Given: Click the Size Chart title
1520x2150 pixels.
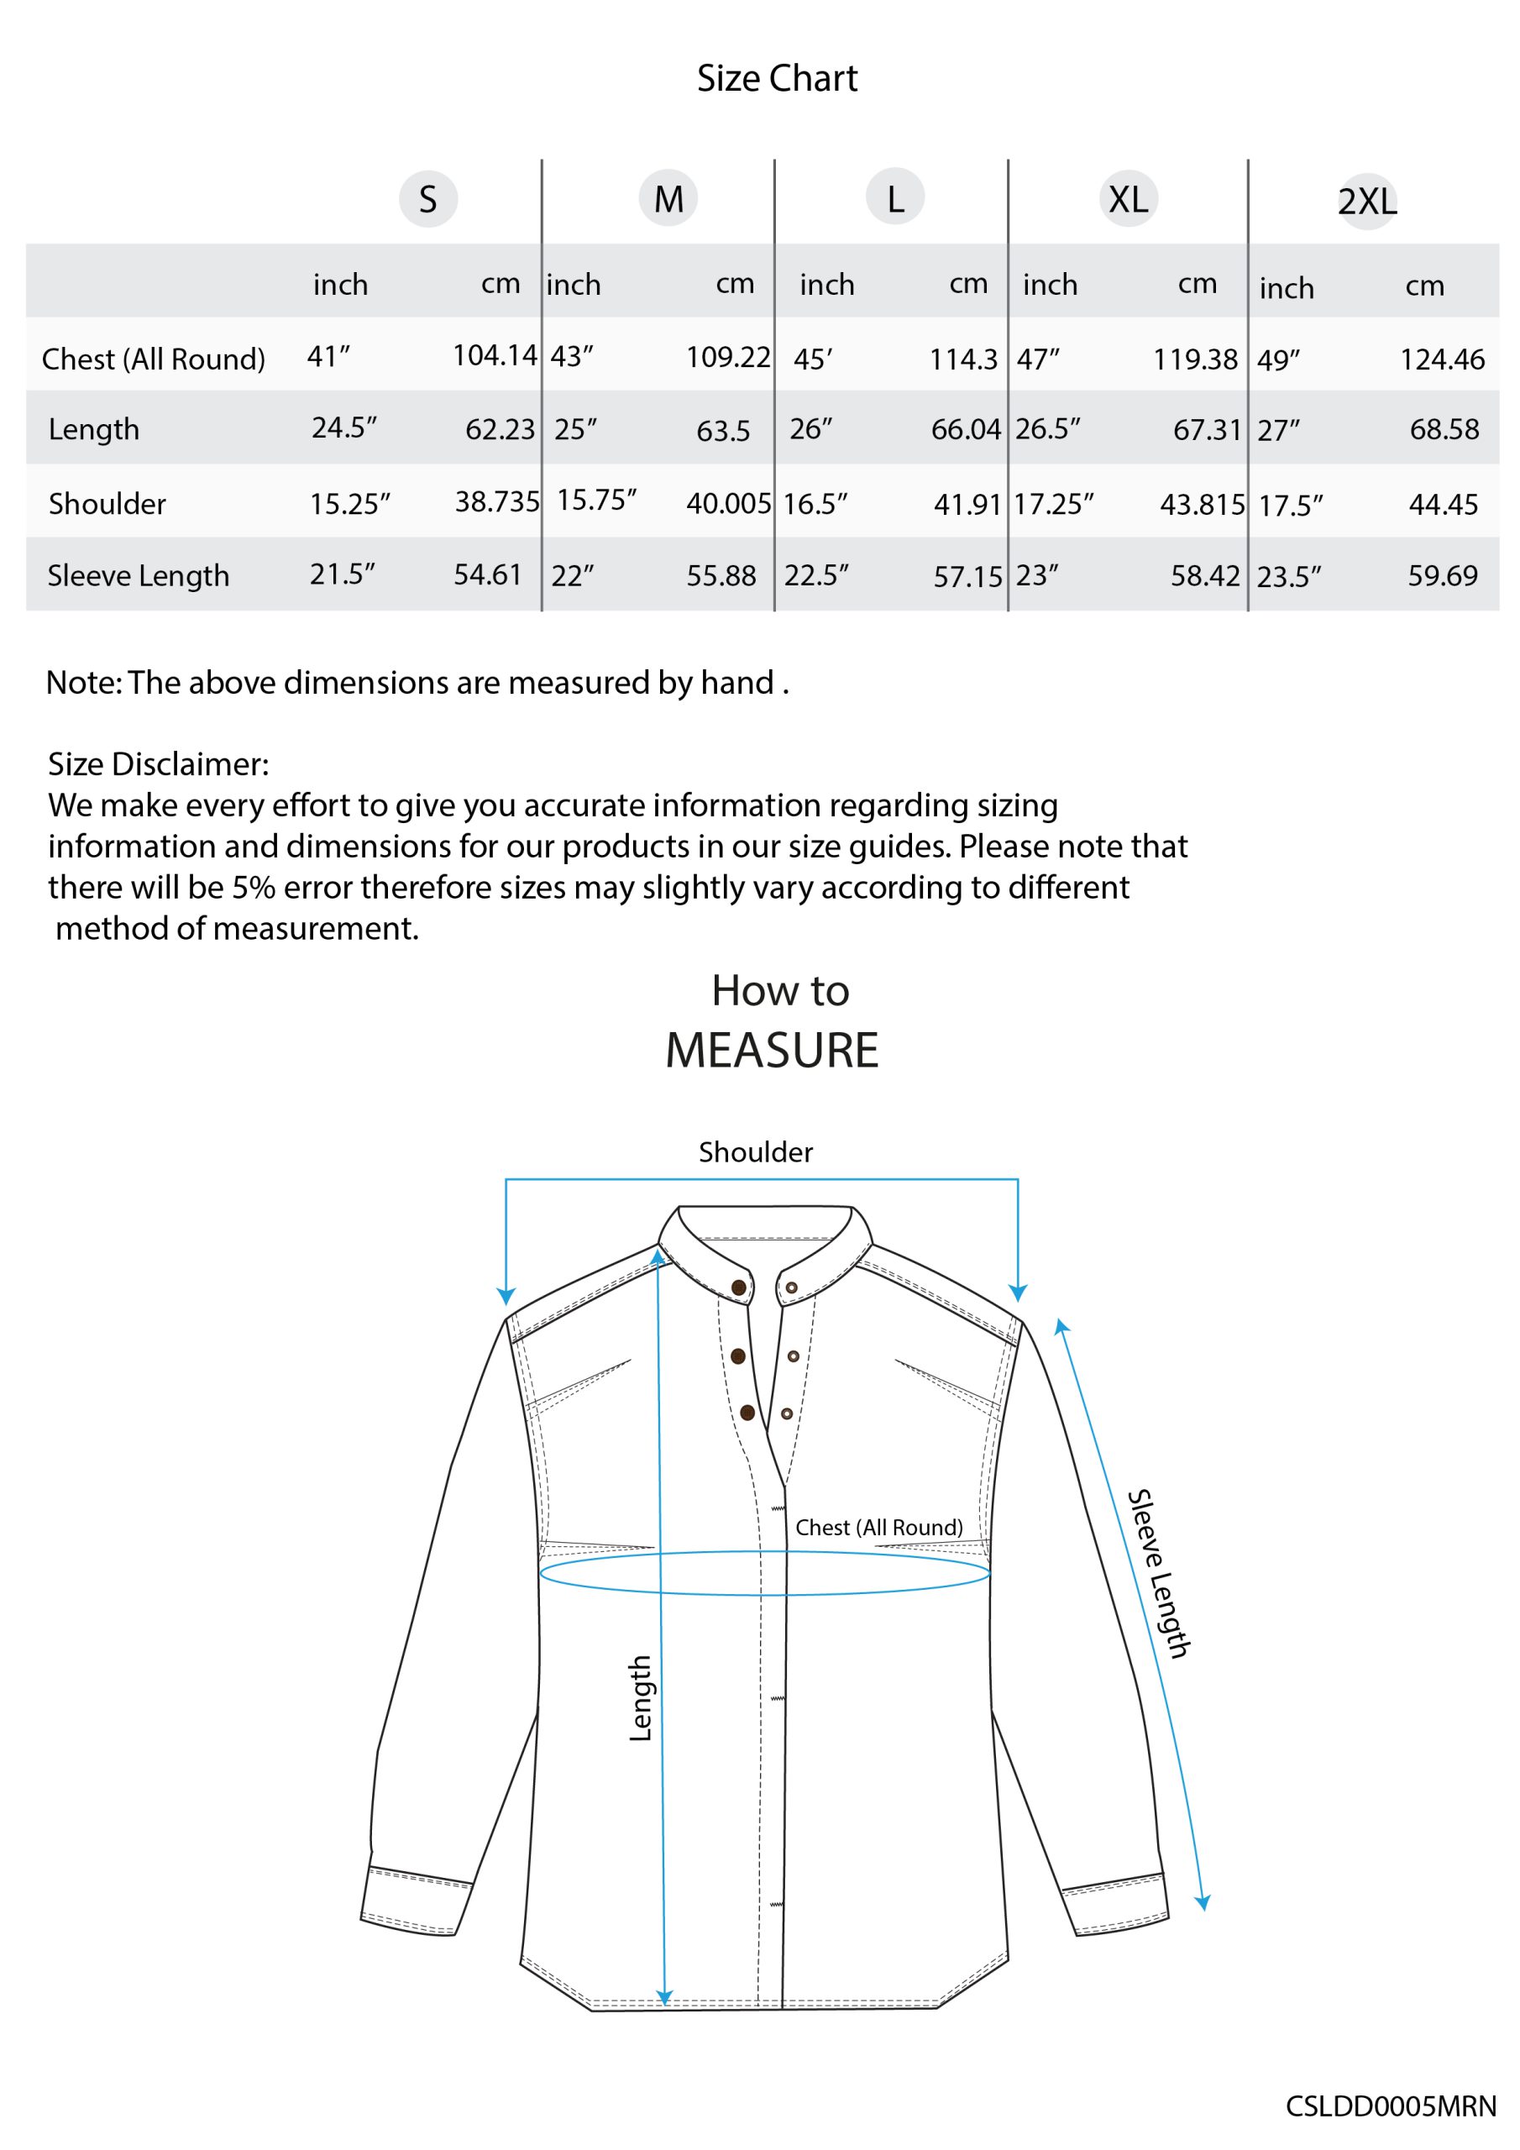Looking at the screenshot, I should point(777,79).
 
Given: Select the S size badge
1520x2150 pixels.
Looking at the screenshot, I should point(428,199).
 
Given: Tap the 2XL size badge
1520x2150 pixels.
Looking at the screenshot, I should point(1366,202).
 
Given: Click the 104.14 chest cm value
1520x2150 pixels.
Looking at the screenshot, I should point(495,355).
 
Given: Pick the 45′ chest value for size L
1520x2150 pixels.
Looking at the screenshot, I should point(812,359).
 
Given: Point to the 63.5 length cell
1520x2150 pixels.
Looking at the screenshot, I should point(723,431).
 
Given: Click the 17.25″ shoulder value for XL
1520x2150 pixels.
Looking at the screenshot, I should point(1053,505).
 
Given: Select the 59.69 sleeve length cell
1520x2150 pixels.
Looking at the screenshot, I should point(1442,576).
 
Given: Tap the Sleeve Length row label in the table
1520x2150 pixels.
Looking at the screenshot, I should point(139,576).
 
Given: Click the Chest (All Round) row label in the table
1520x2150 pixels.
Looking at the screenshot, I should point(154,359).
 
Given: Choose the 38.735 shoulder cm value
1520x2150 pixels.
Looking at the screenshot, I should point(497,502).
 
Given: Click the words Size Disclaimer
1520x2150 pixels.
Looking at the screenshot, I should point(158,764).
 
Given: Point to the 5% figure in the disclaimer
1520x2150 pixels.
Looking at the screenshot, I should point(254,887).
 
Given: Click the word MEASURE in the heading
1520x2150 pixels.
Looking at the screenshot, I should point(772,1050).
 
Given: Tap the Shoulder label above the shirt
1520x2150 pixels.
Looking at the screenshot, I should point(756,1151).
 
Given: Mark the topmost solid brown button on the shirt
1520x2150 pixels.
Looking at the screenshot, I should point(739,1287).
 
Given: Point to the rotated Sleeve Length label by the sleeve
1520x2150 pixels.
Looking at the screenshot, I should point(1157,1573).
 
